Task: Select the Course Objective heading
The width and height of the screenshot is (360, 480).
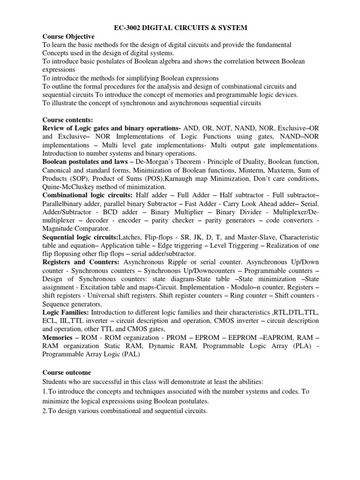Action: [x=68, y=36]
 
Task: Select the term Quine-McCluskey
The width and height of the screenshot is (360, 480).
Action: [x=70, y=187]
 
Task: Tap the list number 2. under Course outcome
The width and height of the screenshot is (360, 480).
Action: [x=45, y=411]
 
